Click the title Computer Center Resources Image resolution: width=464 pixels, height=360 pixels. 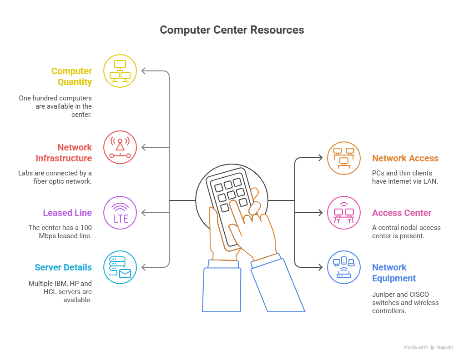232,30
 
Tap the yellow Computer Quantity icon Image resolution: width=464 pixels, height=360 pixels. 120,71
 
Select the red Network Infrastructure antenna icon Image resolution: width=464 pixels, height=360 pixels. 120,147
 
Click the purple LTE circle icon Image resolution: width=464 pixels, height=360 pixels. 120,213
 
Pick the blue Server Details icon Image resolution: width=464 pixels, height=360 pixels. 120,267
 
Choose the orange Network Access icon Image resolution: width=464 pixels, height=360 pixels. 344,158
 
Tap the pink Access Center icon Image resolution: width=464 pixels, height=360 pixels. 344,213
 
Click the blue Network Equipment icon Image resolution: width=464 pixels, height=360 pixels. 344,267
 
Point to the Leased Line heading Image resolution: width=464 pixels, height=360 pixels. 67,213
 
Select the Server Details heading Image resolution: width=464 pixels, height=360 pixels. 63,267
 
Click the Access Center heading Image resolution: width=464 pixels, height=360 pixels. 402,213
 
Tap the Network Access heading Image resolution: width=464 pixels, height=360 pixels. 405,158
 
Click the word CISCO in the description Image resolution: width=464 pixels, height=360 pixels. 419,295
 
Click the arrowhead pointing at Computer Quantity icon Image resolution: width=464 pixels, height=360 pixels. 144,71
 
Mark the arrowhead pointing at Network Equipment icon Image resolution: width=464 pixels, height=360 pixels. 320,267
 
